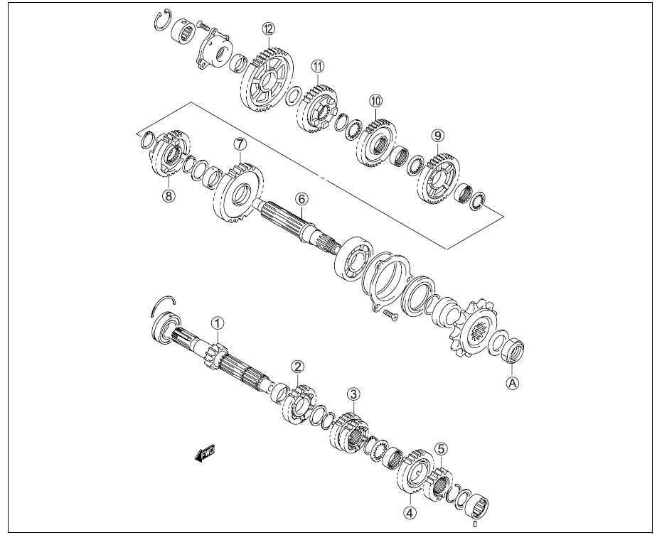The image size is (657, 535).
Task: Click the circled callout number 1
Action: pos(217,323)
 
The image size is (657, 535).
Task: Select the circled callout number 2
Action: pos(298,366)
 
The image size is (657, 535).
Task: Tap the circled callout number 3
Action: pos(353,394)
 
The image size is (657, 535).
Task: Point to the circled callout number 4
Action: pos(410,511)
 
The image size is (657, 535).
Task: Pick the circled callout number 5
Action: pos(442,448)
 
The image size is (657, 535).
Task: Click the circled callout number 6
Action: pos(301,199)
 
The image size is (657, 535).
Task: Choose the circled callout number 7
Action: pos(240,144)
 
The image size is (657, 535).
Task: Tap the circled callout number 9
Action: pos(437,134)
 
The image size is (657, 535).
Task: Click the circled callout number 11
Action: pos(316,65)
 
